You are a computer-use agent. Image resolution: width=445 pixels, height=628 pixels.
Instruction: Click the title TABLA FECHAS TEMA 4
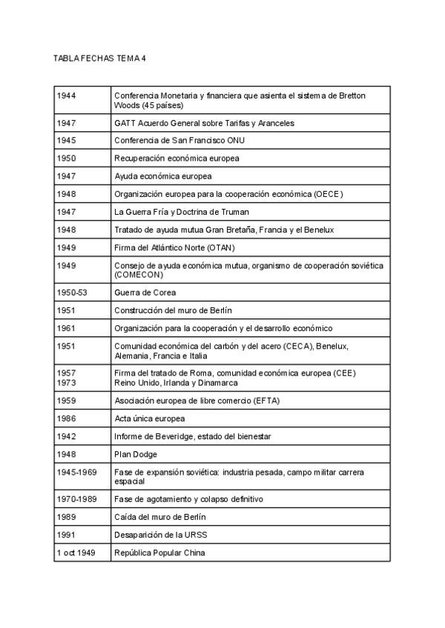(x=99, y=58)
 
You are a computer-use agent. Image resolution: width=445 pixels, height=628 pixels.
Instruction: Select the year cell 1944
(x=67, y=96)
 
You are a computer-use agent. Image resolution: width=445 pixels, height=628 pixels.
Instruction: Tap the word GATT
(x=125, y=123)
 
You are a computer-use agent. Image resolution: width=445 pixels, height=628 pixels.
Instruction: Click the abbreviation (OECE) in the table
(x=326, y=194)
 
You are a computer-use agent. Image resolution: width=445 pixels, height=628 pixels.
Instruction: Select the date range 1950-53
(x=72, y=293)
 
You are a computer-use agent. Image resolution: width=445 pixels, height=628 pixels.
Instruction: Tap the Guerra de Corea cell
(x=145, y=293)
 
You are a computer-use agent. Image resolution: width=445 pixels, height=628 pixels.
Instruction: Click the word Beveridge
(x=170, y=436)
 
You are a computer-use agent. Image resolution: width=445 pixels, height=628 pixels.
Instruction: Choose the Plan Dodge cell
(x=136, y=454)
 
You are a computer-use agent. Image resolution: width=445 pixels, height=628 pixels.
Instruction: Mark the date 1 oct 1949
(x=76, y=552)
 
